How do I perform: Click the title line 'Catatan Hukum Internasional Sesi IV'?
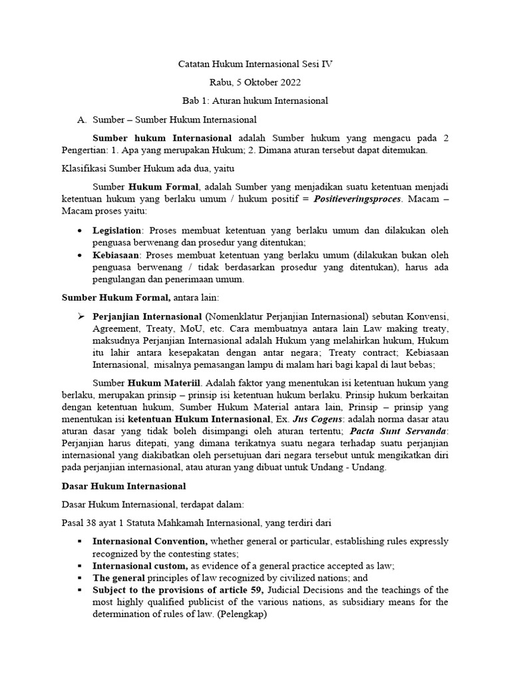(x=255, y=65)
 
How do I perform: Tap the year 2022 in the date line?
(x=289, y=82)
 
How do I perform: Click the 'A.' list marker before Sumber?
(x=83, y=120)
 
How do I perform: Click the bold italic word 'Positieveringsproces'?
(x=360, y=200)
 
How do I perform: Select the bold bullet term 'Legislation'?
(x=117, y=230)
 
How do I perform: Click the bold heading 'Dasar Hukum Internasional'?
(x=124, y=486)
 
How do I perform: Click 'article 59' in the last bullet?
(x=241, y=590)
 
